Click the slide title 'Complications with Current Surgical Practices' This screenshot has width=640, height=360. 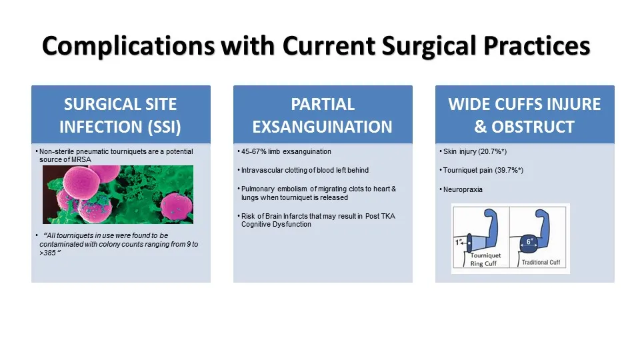click(x=316, y=47)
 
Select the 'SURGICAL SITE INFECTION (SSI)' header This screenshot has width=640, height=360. click(x=121, y=115)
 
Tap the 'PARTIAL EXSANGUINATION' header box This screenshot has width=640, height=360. click(x=323, y=115)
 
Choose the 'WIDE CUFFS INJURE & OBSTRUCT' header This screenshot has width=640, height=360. click(x=525, y=115)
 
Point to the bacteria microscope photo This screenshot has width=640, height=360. click(x=118, y=195)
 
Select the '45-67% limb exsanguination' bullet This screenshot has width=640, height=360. click(x=286, y=152)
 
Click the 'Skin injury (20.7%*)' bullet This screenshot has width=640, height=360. click(x=475, y=152)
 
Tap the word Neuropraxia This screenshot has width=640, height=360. click(x=463, y=189)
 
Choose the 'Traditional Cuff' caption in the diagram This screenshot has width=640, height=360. click(x=540, y=262)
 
